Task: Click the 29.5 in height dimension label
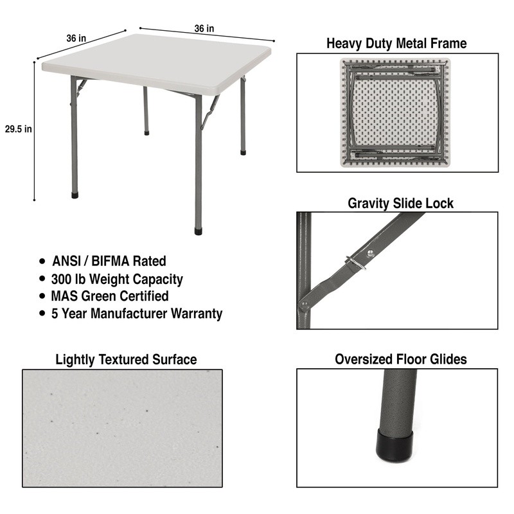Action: point(19,129)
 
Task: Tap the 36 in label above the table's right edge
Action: point(204,29)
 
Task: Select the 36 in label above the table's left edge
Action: point(76,39)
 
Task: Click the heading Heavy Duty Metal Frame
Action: point(396,43)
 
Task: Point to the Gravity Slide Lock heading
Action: point(400,203)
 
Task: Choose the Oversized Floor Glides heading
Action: point(400,359)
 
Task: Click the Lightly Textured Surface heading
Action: point(126,360)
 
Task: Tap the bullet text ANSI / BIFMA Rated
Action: point(109,261)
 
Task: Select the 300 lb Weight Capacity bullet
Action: point(117,279)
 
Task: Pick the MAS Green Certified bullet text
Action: point(110,296)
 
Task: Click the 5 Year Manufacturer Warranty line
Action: point(137,314)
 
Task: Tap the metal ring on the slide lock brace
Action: point(355,263)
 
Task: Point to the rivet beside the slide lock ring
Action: point(371,253)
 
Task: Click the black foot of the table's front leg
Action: point(199,231)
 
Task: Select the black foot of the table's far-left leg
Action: point(75,195)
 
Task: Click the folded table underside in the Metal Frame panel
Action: point(395,112)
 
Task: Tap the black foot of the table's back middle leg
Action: point(146,133)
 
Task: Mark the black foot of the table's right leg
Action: point(243,152)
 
